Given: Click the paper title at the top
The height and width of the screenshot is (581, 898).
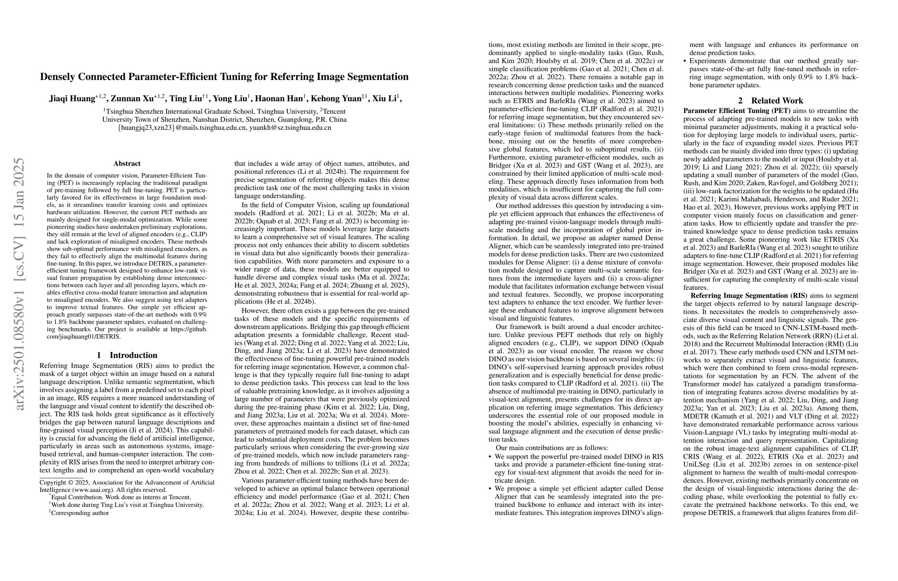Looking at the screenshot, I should click(224, 77).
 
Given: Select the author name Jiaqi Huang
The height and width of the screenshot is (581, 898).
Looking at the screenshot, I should click(72, 99).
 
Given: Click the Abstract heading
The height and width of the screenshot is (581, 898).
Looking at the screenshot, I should click(127, 163).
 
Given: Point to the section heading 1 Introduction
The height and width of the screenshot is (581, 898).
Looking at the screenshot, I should click(127, 355).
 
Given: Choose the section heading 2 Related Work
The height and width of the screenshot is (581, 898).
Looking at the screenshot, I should click(770, 101).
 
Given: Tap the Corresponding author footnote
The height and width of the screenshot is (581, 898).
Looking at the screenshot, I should click(80, 513).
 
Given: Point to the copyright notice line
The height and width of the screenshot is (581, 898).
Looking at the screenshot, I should click(127, 483).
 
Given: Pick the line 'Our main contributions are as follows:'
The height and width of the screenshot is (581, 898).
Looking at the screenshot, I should click(552, 448).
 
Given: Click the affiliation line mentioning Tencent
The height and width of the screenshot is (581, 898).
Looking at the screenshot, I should click(224, 111).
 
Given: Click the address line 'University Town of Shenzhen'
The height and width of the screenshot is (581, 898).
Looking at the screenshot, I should click(224, 120).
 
